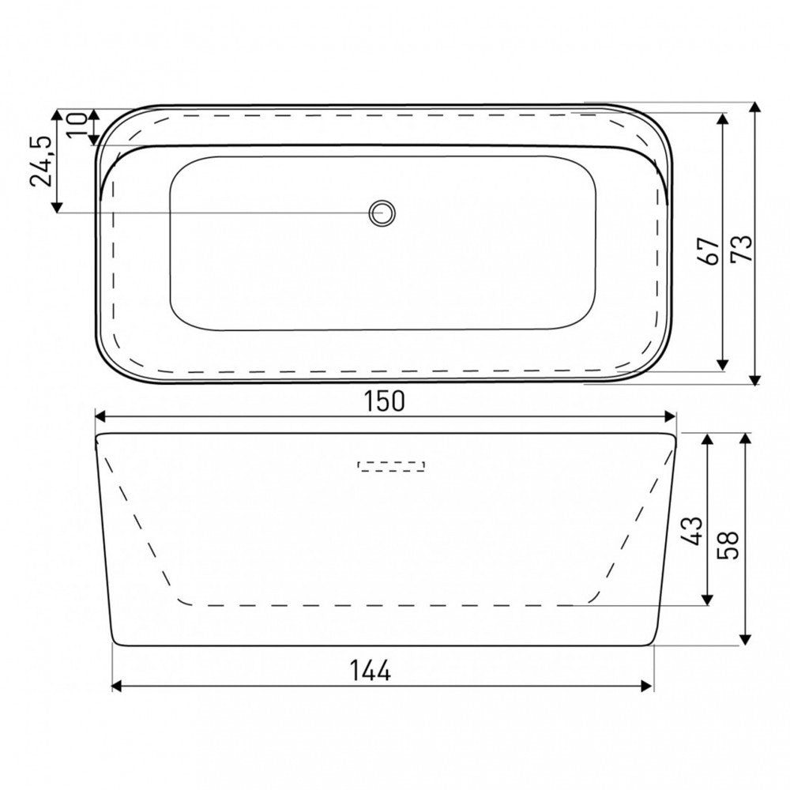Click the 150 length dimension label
click(384, 401)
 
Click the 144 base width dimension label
click(371, 671)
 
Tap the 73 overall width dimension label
click(742, 248)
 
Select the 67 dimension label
click(708, 250)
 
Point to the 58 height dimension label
click(728, 544)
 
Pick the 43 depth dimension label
click(692, 531)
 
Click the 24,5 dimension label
click(41, 161)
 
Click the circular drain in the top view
click(382, 213)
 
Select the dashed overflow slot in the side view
click(391, 466)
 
